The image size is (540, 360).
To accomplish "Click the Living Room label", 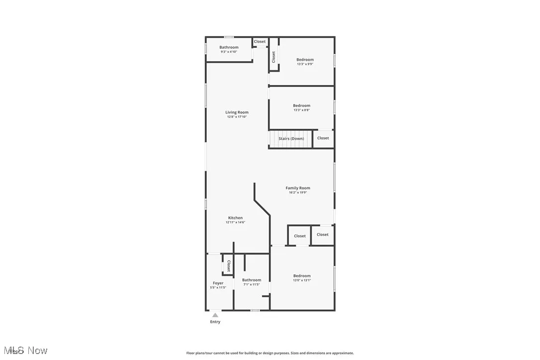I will point(237,112).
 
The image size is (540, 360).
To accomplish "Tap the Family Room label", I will point(298,188).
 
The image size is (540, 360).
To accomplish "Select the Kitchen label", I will point(235,218).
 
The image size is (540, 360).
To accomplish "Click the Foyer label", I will point(218,283).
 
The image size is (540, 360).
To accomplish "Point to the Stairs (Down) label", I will point(291,138).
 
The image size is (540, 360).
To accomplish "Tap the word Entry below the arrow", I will point(215,322).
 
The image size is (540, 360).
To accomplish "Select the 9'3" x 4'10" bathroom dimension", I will point(229,52).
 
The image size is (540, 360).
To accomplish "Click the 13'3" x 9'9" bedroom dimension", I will point(305,64).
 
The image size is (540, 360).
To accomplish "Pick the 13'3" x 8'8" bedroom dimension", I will point(301,110).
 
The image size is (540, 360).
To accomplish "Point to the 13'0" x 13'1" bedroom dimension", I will point(302,280).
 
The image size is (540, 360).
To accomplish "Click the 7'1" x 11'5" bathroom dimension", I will point(252,284).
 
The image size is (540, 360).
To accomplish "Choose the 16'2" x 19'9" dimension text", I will point(298,192).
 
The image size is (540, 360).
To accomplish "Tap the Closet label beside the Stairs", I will point(323,138).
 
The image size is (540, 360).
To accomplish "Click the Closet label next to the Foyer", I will point(228,266).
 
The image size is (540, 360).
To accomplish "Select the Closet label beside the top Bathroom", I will point(260,42).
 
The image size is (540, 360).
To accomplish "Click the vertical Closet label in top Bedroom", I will point(273,57).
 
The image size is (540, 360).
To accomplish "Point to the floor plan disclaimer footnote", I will point(270,353).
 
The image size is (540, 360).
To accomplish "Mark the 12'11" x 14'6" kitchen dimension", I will point(235,222).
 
